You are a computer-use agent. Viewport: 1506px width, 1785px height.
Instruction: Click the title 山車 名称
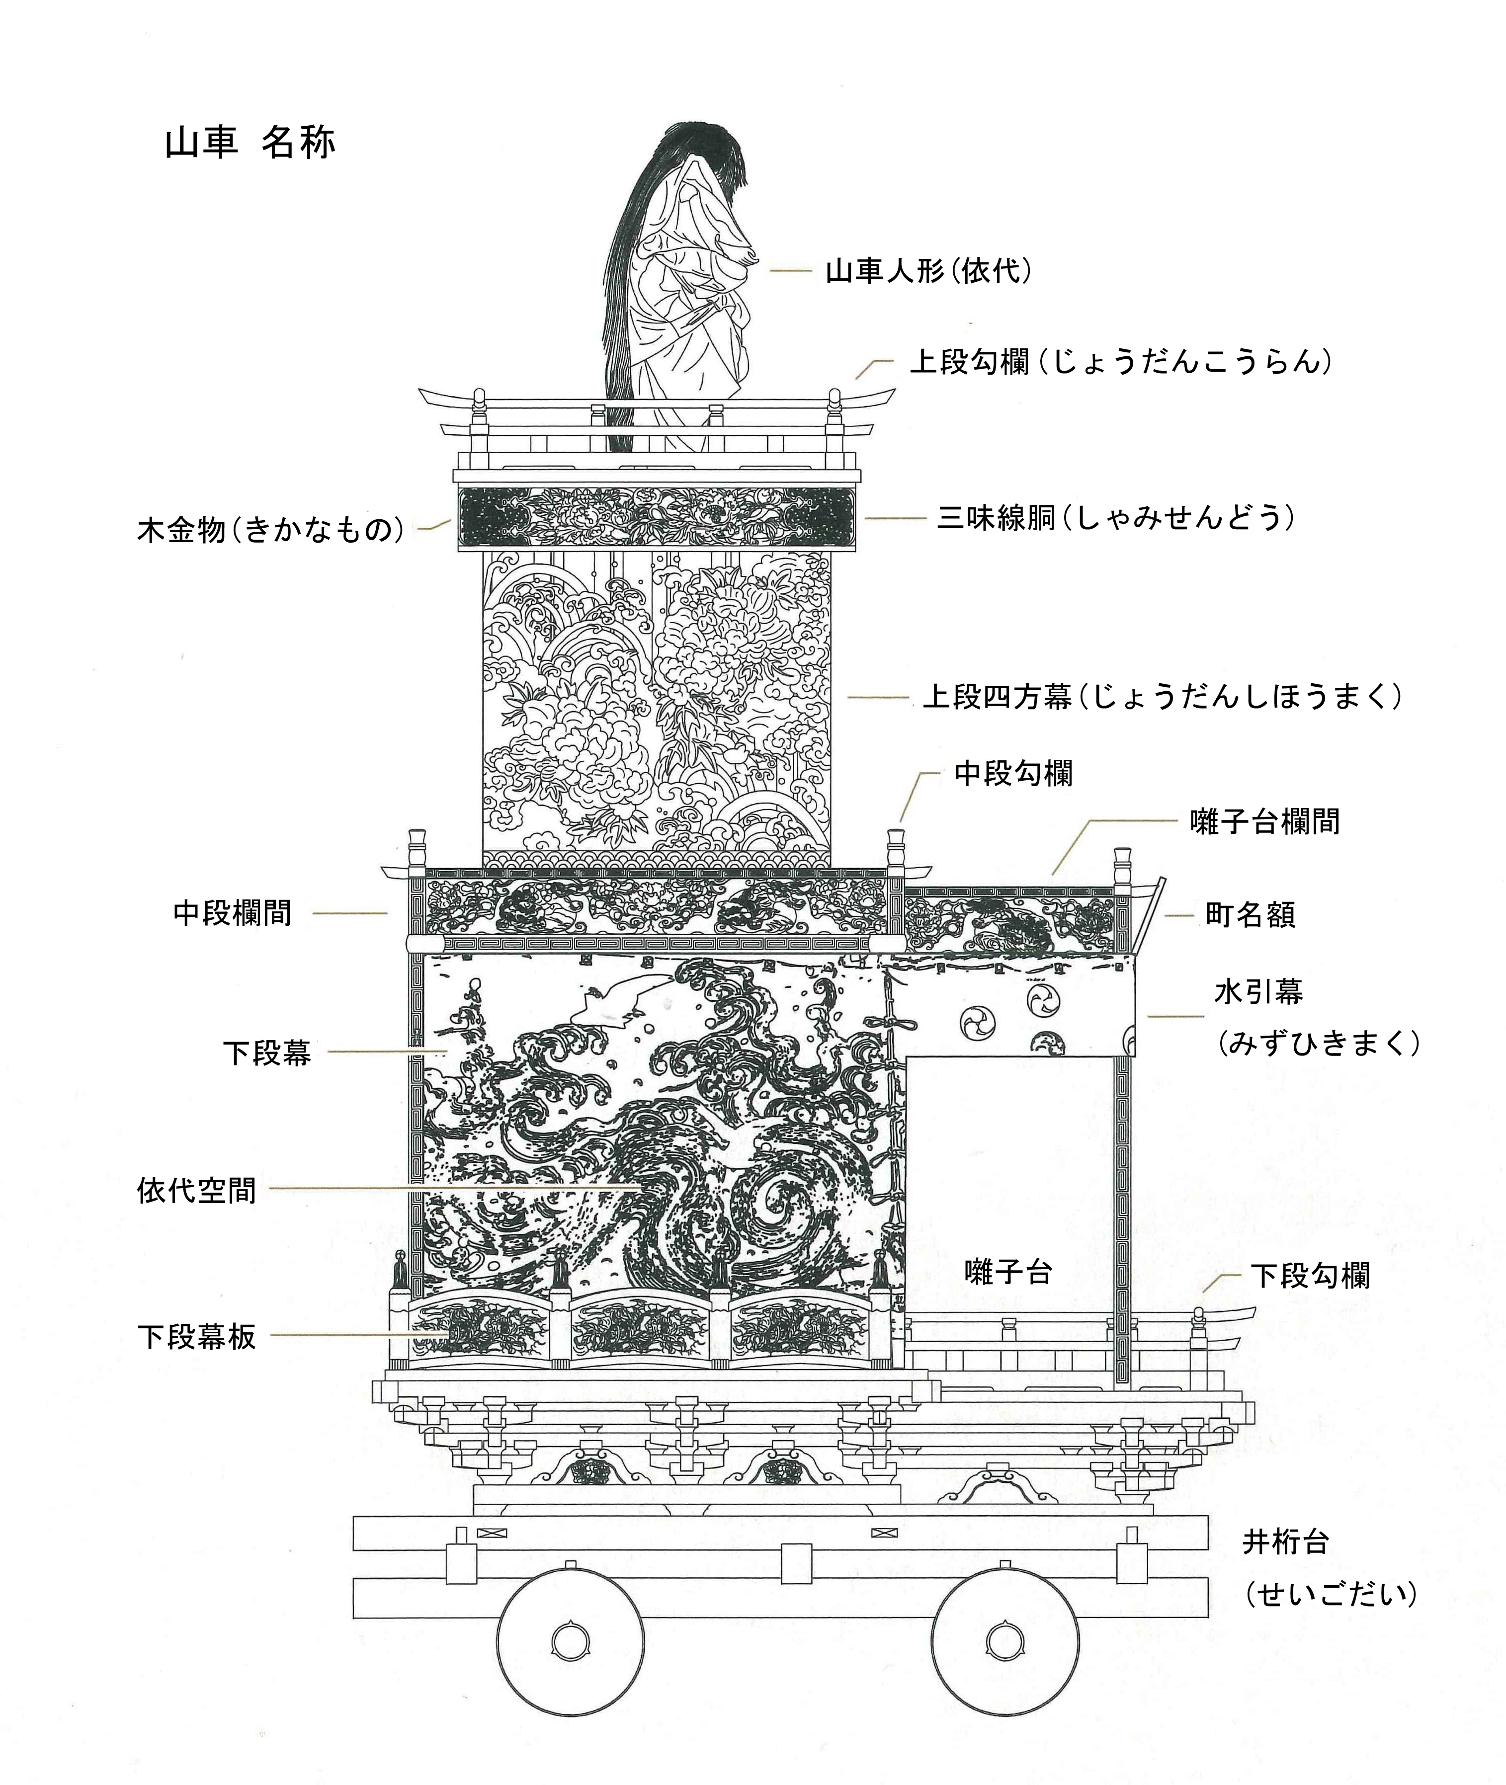tap(250, 143)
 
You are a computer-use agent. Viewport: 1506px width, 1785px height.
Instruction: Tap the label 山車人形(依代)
tap(929, 271)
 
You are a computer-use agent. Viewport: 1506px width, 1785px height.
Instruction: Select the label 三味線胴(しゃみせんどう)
tap(1116, 517)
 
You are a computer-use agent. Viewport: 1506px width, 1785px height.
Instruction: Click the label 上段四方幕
tap(997, 697)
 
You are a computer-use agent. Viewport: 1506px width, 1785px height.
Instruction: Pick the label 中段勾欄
tap(1013, 773)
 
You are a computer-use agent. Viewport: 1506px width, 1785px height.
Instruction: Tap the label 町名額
tap(1251, 914)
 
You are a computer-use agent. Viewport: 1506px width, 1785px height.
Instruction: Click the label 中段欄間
tap(232, 912)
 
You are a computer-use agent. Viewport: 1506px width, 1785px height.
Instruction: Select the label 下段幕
tap(267, 1053)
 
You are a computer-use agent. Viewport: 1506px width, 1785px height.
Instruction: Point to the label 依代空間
tap(196, 1190)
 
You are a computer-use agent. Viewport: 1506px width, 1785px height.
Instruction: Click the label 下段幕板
tap(196, 1336)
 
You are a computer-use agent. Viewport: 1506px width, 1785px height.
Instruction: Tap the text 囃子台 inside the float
tap(1008, 1272)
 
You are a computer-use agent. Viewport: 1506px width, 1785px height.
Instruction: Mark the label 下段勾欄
tap(1311, 1276)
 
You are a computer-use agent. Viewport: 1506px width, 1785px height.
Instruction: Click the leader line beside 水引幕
tap(1175, 1016)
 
